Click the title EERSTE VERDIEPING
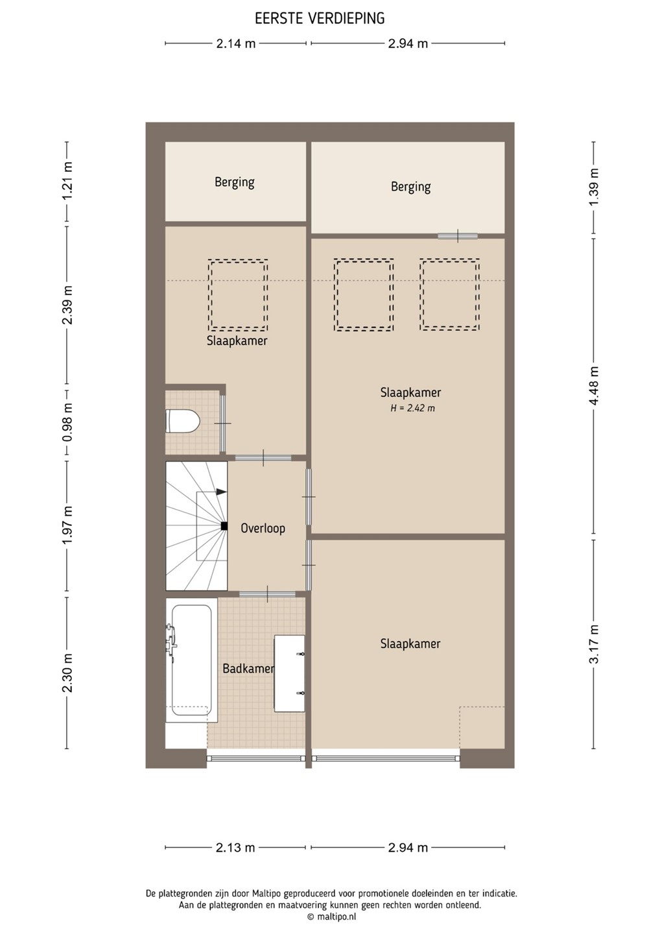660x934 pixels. click(320, 18)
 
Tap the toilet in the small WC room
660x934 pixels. click(182, 421)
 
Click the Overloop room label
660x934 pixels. click(263, 529)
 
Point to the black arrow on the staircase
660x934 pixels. click(221, 492)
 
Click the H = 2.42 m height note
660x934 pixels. click(412, 408)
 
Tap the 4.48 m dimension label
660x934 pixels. click(594, 386)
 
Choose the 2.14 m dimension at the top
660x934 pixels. click(236, 43)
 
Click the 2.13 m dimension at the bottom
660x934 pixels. click(235, 848)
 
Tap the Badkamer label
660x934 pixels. click(248, 669)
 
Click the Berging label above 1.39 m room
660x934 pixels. click(410, 187)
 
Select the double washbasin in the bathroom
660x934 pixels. click(289, 673)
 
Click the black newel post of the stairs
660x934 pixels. click(224, 526)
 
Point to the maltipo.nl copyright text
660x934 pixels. click(332, 916)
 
